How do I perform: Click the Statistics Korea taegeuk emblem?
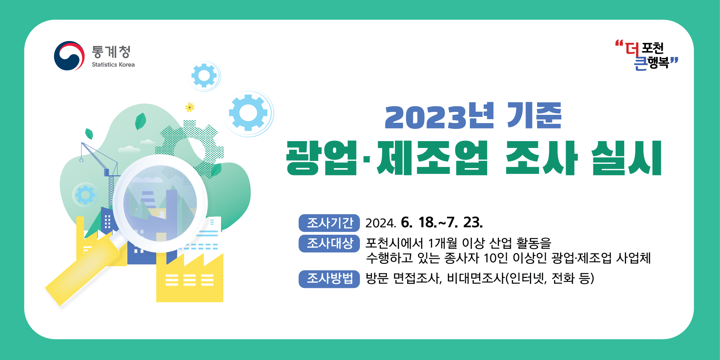click(69, 56)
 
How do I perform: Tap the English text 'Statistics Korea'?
click(113, 64)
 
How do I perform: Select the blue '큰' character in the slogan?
click(640, 63)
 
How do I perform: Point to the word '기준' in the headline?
click(534, 116)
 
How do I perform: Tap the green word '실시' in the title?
click(626, 158)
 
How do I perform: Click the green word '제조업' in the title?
click(432, 158)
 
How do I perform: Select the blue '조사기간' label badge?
click(329, 223)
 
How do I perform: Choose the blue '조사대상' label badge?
click(329, 243)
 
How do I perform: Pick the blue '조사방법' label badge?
click(329, 279)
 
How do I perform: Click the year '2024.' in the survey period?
click(381, 223)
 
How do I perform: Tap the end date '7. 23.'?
click(465, 222)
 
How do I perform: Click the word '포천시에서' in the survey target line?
click(394, 243)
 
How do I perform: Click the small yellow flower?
click(190, 107)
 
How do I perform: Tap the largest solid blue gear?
click(248, 113)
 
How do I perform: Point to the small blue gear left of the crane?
click(85, 195)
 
